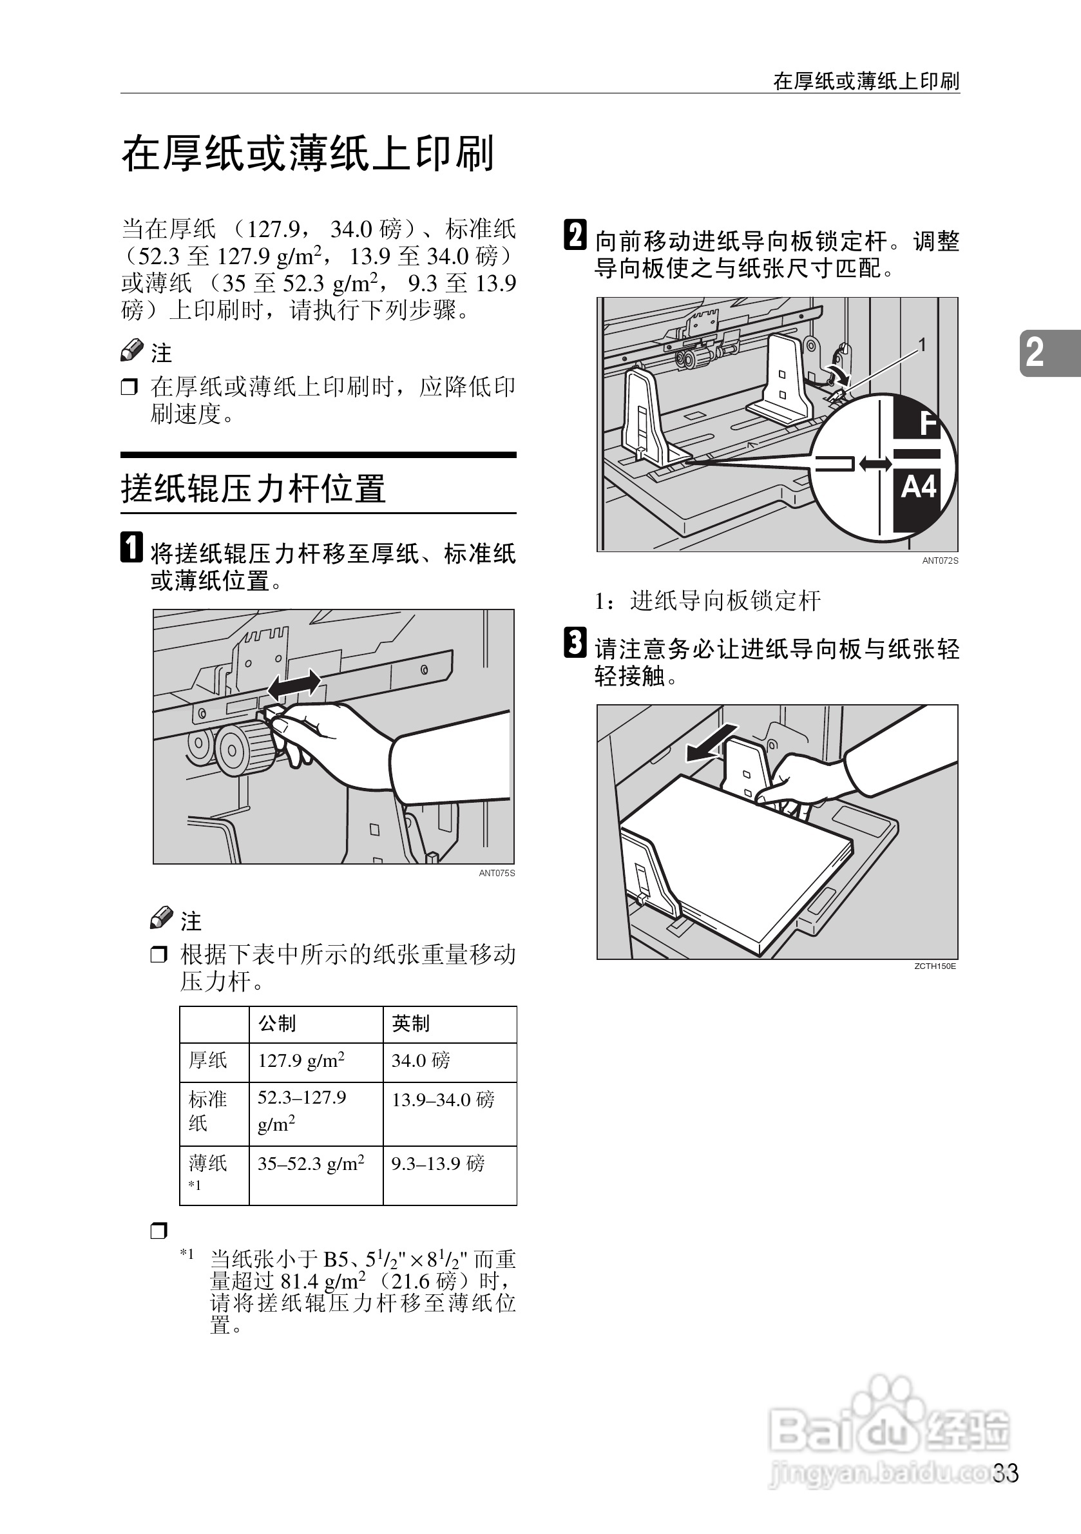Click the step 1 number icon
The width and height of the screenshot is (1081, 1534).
coord(131,546)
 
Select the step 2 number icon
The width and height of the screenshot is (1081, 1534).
coord(575,235)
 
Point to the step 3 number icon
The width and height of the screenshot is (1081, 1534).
coord(575,642)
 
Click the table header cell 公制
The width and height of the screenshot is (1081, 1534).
coord(277,1023)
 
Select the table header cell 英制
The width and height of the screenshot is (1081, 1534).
coord(410,1023)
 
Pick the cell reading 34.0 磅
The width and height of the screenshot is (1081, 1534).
coord(421,1060)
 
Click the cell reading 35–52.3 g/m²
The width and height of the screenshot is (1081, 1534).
coord(311,1164)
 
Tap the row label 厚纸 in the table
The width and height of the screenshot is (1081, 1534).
coord(208,1060)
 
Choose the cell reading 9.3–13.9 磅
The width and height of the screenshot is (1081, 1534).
coord(437,1164)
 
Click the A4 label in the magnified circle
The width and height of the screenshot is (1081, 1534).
coord(919,487)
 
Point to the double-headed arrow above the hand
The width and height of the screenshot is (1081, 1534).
coord(293,686)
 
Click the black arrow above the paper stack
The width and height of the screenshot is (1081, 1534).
coord(713,743)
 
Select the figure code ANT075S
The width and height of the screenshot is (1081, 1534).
coord(497,873)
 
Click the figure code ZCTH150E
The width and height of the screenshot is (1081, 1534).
coord(935,966)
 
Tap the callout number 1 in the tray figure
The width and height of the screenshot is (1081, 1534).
coord(922,345)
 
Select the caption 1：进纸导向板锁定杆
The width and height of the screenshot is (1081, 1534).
coord(707,600)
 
